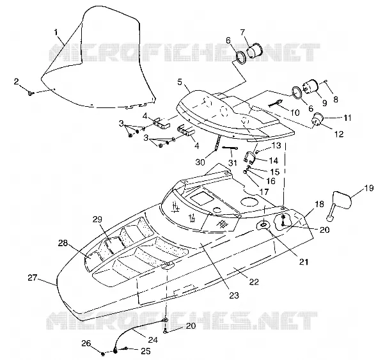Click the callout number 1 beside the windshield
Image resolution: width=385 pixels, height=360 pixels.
point(56,32)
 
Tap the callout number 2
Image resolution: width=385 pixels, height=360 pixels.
point(17,82)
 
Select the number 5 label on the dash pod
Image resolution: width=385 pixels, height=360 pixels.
point(180,82)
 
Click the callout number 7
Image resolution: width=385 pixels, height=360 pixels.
point(242,32)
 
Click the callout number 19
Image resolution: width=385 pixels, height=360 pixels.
point(368,189)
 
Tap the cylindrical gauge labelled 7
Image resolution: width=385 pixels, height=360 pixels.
point(255,51)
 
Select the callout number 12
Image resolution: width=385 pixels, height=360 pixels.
point(339,134)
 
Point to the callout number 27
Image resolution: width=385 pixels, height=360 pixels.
point(32,278)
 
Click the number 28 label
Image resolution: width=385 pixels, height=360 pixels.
point(63,243)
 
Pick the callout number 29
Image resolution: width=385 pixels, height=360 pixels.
point(97,219)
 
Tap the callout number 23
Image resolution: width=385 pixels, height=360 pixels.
point(234,295)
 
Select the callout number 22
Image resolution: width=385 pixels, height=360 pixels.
point(254,281)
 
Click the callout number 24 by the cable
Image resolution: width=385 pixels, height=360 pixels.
point(153,340)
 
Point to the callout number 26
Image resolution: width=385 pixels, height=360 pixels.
point(86,343)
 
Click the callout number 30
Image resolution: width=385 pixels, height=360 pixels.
point(200,162)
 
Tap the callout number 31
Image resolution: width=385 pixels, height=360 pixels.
point(233,162)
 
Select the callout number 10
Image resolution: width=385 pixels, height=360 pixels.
point(295,113)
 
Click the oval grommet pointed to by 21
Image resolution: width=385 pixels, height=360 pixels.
point(263,225)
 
